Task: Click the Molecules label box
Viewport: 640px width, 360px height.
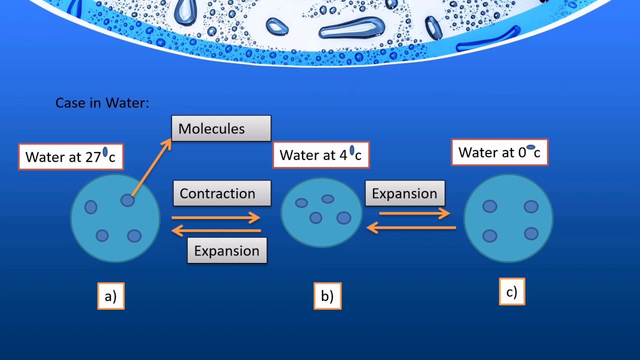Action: point(221,128)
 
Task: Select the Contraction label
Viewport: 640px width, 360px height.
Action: point(222,193)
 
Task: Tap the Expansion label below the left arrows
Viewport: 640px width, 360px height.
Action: point(227,250)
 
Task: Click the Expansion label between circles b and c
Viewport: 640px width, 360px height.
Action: point(404,193)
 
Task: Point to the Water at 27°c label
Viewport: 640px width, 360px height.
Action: point(70,156)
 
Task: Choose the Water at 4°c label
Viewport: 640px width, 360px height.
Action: point(320,155)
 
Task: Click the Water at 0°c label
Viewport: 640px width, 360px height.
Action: point(499,152)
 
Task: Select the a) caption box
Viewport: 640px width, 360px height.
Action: point(110,296)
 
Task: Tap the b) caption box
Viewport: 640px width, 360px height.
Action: point(327,296)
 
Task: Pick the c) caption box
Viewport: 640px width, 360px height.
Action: point(512,292)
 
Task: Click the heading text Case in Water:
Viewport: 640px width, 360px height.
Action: point(102,103)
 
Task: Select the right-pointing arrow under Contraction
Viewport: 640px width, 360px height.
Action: point(216,217)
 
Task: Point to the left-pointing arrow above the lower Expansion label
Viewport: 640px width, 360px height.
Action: point(216,230)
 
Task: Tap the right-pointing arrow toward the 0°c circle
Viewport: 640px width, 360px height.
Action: point(414,213)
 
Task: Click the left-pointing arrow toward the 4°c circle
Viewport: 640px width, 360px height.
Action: point(411,228)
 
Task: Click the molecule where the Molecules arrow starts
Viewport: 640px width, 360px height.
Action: point(127,200)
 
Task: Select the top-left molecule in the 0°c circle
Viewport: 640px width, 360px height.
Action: point(489,206)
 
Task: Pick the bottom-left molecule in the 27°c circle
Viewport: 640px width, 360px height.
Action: point(102,235)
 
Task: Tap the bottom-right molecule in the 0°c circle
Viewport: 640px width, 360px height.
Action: point(531,233)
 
